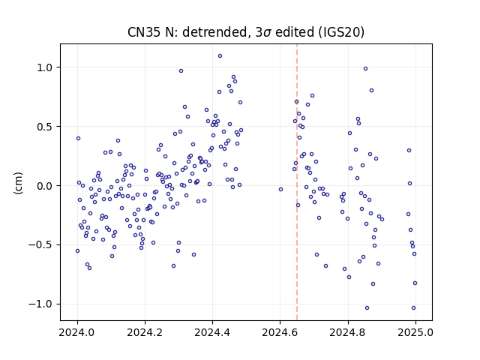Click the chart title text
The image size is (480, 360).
tap(246, 32)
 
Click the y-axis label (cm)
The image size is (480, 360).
tap(18, 183)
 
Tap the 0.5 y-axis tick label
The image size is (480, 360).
tap(45, 127)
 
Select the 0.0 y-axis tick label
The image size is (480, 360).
tap(45, 186)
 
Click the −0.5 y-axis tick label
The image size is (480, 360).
tap(40, 245)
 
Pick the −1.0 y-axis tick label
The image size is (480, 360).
tap(40, 304)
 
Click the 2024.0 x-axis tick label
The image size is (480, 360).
tap(77, 332)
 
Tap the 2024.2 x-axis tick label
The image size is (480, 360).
tap(145, 332)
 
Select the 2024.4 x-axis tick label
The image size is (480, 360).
tap(212, 332)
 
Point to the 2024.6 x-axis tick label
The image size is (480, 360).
tap(280, 332)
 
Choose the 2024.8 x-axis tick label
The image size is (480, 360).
tap(348, 332)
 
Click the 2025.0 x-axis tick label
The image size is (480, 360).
tap(415, 332)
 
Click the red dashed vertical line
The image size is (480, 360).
tap(297, 182)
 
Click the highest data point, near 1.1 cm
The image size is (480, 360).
tap(220, 56)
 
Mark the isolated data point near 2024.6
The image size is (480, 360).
tap(280, 190)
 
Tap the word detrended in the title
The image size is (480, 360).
tap(215, 32)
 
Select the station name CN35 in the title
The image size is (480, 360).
tap(144, 32)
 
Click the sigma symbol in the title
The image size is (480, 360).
tap(267, 33)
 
